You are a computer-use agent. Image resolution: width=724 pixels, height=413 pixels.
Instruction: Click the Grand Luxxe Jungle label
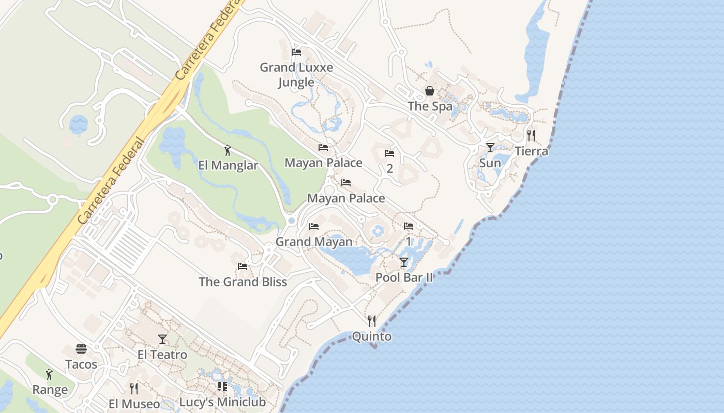(x=296, y=74)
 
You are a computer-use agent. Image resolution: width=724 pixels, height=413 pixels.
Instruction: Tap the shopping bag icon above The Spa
(x=430, y=91)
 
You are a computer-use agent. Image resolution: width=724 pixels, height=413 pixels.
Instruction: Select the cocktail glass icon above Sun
(x=490, y=148)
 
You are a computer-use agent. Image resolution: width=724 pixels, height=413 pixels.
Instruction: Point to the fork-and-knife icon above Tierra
(x=531, y=136)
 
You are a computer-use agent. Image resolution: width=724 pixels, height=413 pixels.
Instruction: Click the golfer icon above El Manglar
(x=228, y=151)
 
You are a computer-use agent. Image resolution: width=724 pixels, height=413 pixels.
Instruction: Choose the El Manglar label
(x=228, y=166)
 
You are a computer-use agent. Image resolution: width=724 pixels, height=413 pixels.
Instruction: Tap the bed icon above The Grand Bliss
(x=242, y=266)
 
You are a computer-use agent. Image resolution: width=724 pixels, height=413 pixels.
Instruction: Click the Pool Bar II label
(x=404, y=277)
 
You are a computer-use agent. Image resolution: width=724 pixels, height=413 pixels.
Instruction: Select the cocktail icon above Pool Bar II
(x=404, y=262)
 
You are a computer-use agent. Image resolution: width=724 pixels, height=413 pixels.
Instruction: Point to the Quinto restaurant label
(x=371, y=337)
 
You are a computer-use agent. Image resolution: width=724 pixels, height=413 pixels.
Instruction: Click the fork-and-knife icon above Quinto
(x=371, y=321)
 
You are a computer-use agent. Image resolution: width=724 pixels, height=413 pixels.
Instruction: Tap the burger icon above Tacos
(x=81, y=349)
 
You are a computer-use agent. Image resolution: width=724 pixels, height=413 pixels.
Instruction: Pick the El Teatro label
(x=162, y=355)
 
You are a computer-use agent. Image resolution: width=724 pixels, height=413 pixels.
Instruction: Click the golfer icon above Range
(x=50, y=374)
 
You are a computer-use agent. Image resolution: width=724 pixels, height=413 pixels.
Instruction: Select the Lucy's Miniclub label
(x=222, y=402)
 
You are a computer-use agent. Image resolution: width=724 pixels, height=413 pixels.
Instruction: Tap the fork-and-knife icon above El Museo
(x=134, y=388)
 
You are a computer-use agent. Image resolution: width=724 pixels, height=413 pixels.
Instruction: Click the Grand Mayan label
(x=314, y=242)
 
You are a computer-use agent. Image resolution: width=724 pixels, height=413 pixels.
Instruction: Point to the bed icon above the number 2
(x=389, y=153)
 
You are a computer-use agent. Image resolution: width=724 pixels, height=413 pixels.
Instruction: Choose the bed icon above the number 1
(x=409, y=226)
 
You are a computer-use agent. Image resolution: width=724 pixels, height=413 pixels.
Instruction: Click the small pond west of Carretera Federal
(x=79, y=124)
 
